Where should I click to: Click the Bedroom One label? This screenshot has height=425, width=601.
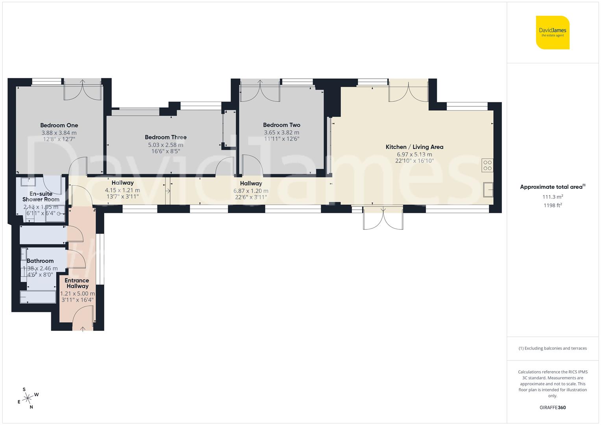[x=59, y=126]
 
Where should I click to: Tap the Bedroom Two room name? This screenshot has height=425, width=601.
[x=281, y=125]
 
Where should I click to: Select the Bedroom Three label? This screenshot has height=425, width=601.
[x=166, y=137]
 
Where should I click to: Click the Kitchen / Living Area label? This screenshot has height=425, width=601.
[x=414, y=147]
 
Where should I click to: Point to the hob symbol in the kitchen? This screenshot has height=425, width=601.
[x=487, y=165]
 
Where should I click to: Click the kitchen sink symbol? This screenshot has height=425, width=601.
[x=488, y=189]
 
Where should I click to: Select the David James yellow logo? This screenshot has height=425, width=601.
[x=553, y=32]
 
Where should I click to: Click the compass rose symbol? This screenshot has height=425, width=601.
[x=28, y=399]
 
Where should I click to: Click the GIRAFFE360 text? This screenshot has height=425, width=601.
[x=553, y=408]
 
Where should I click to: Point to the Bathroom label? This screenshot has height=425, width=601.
[x=40, y=261]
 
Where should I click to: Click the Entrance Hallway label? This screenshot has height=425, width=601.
[x=77, y=283]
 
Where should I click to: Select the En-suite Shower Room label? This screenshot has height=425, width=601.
[x=41, y=197]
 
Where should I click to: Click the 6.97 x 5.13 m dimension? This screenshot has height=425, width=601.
[x=414, y=155]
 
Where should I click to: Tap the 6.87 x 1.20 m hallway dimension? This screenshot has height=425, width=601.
[x=251, y=191]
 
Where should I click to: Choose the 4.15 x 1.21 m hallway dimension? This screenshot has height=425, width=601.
[x=122, y=190]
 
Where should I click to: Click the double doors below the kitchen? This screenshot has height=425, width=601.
[x=383, y=219]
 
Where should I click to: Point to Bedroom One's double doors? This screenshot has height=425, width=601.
[x=83, y=90]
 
